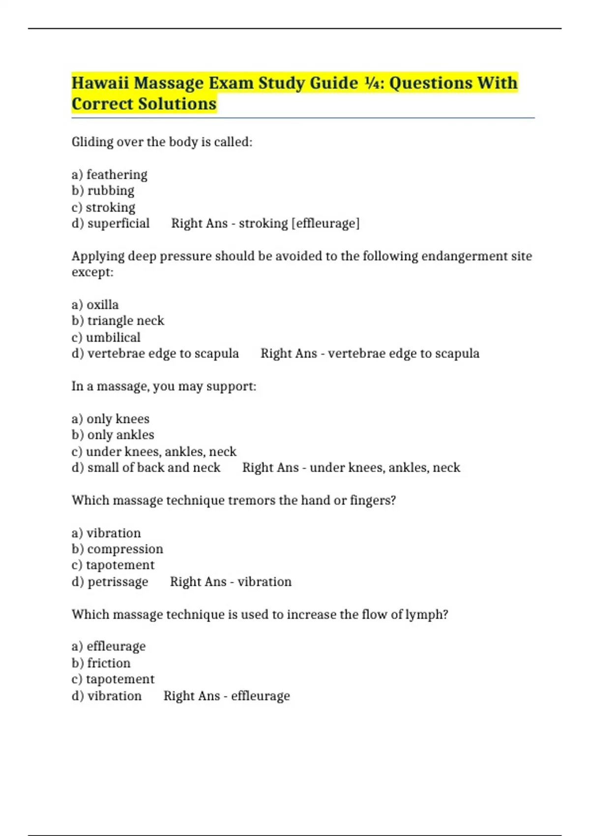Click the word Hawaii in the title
pyautogui.click(x=100, y=83)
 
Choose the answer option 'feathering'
pyautogui.click(x=117, y=175)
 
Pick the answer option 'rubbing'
pyautogui.click(x=111, y=191)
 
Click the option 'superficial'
pyautogui.click(x=118, y=223)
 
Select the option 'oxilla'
pyautogui.click(x=102, y=305)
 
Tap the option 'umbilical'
pyautogui.click(x=113, y=337)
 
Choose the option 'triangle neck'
pyautogui.click(x=125, y=321)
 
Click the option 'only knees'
pyautogui.click(x=118, y=419)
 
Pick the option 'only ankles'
pyautogui.click(x=120, y=435)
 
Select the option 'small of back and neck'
pyautogui.click(x=153, y=468)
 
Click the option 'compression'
pyautogui.click(x=125, y=549)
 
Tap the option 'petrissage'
pyautogui.click(x=118, y=582)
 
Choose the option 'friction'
pyautogui.click(x=109, y=663)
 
